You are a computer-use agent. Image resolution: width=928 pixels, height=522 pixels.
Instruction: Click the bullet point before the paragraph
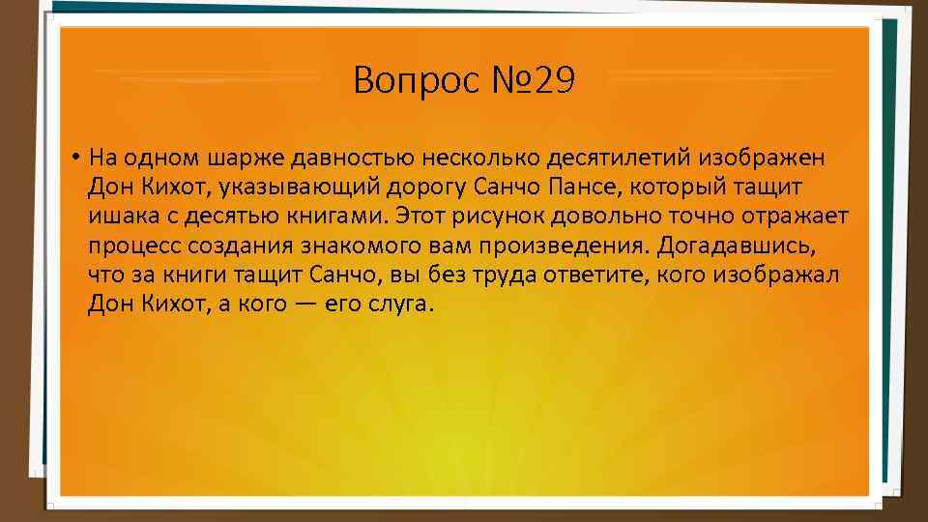(x=73, y=157)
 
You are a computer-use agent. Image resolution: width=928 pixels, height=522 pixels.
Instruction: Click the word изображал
(x=777, y=275)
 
